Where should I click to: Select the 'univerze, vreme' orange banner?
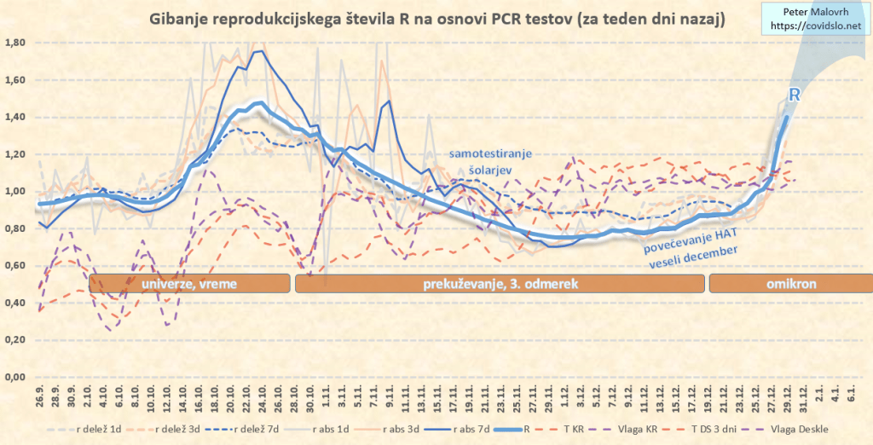point(189,283)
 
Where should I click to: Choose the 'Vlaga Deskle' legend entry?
point(800,429)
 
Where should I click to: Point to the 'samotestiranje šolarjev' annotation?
point(490,162)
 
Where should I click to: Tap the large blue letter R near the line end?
point(793,95)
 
